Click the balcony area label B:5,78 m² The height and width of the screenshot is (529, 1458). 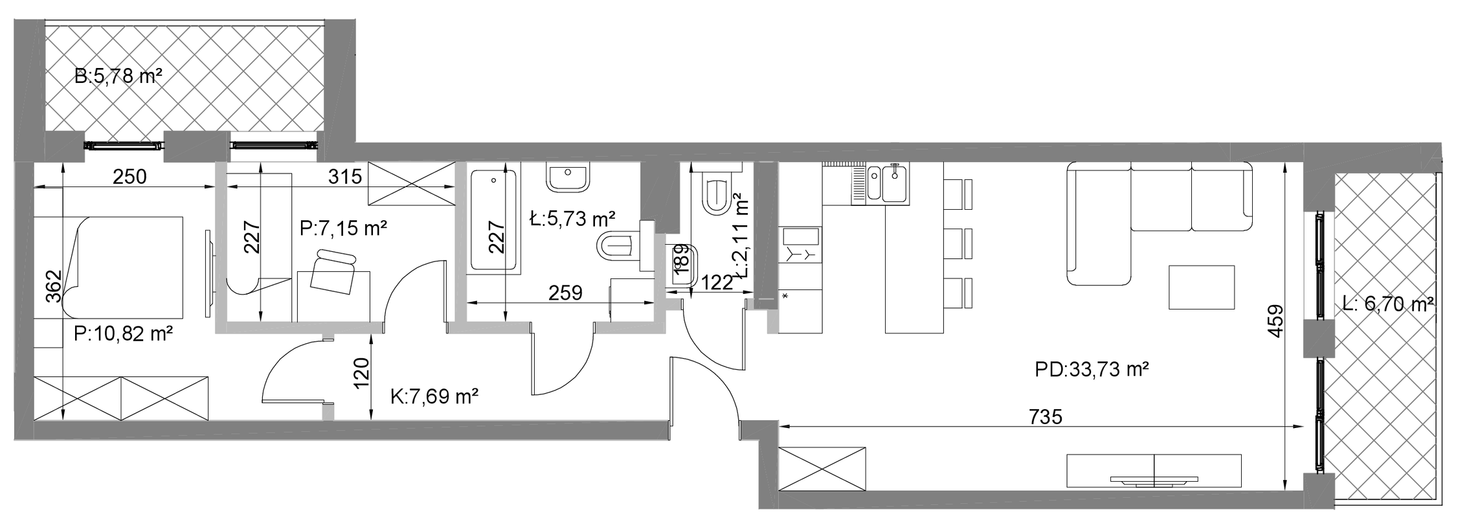118,76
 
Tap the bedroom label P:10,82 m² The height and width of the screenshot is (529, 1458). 123,334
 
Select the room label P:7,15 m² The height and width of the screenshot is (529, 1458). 343,228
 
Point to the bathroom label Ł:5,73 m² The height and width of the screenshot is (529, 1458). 572,219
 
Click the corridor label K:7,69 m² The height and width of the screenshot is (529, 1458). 434,396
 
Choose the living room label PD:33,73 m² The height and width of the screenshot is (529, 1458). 1092,370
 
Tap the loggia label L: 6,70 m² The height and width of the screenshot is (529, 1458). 1388,303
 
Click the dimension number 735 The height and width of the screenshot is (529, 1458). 1046,416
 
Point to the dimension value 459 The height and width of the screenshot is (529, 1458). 1275,321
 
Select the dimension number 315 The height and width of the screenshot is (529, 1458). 345,176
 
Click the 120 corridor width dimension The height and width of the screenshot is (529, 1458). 361,374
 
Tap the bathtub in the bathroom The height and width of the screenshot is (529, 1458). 493,220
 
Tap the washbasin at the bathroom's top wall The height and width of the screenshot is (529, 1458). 568,177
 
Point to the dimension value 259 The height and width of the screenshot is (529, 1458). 565,293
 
